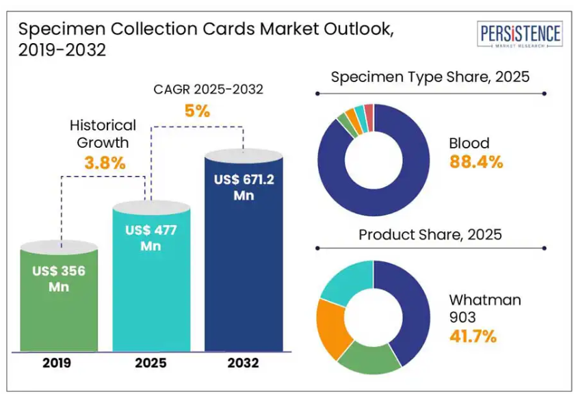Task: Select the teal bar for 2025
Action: [x=151, y=287]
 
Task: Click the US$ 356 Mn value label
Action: [x=58, y=278]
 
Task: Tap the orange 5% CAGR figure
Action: [x=196, y=111]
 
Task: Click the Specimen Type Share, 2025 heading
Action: [x=430, y=77]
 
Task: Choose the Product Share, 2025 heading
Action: [x=430, y=235]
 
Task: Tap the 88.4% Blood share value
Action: [x=476, y=162]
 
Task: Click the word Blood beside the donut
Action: [x=469, y=143]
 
